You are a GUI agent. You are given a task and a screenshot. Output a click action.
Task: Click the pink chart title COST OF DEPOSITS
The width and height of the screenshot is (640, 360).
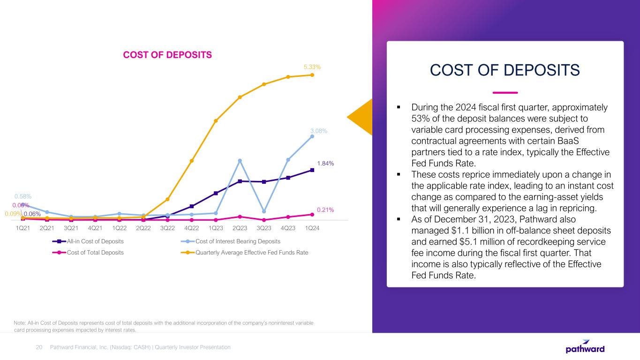pyautogui.click(x=167, y=55)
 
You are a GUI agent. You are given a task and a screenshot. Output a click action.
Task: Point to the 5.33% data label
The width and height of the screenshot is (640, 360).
pyautogui.click(x=312, y=67)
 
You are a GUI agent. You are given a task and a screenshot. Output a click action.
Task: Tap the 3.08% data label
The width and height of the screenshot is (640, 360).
pyautogui.click(x=319, y=131)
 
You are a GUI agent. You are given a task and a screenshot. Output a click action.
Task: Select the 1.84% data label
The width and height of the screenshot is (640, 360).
pyautogui.click(x=325, y=163)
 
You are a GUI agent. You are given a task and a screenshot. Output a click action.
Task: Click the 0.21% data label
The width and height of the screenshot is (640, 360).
pyautogui.click(x=325, y=210)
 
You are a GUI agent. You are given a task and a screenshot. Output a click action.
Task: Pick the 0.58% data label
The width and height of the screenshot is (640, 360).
pyautogui.click(x=23, y=196)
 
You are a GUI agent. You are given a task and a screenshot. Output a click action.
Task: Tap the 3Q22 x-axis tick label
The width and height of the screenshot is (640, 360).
pyautogui.click(x=167, y=228)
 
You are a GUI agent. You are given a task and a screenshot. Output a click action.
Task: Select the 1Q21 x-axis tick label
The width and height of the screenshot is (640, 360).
pyautogui.click(x=23, y=228)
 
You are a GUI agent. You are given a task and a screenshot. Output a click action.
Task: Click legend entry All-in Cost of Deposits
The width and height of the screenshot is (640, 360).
pyautogui.click(x=95, y=241)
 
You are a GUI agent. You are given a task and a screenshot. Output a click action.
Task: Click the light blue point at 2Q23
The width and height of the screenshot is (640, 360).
pyautogui.click(x=240, y=161)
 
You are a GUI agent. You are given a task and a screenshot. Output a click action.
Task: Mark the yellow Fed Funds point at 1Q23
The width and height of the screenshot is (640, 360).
pyautogui.click(x=216, y=121)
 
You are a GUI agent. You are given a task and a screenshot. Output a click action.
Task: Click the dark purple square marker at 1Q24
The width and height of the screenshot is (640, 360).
pyautogui.click(x=312, y=170)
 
